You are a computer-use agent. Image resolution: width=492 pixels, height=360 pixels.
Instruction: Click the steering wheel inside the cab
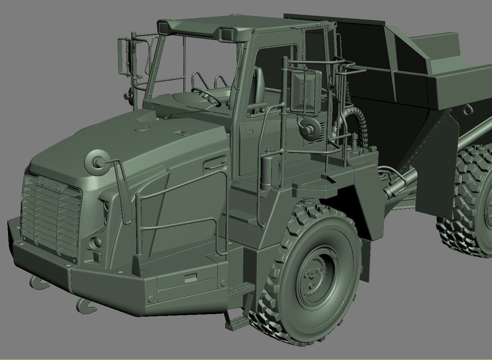tap(205, 96)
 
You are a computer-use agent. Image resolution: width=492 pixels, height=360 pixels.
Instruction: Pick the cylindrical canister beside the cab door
tap(267, 170)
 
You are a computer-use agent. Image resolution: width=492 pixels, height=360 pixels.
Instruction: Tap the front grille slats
tap(51, 220)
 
